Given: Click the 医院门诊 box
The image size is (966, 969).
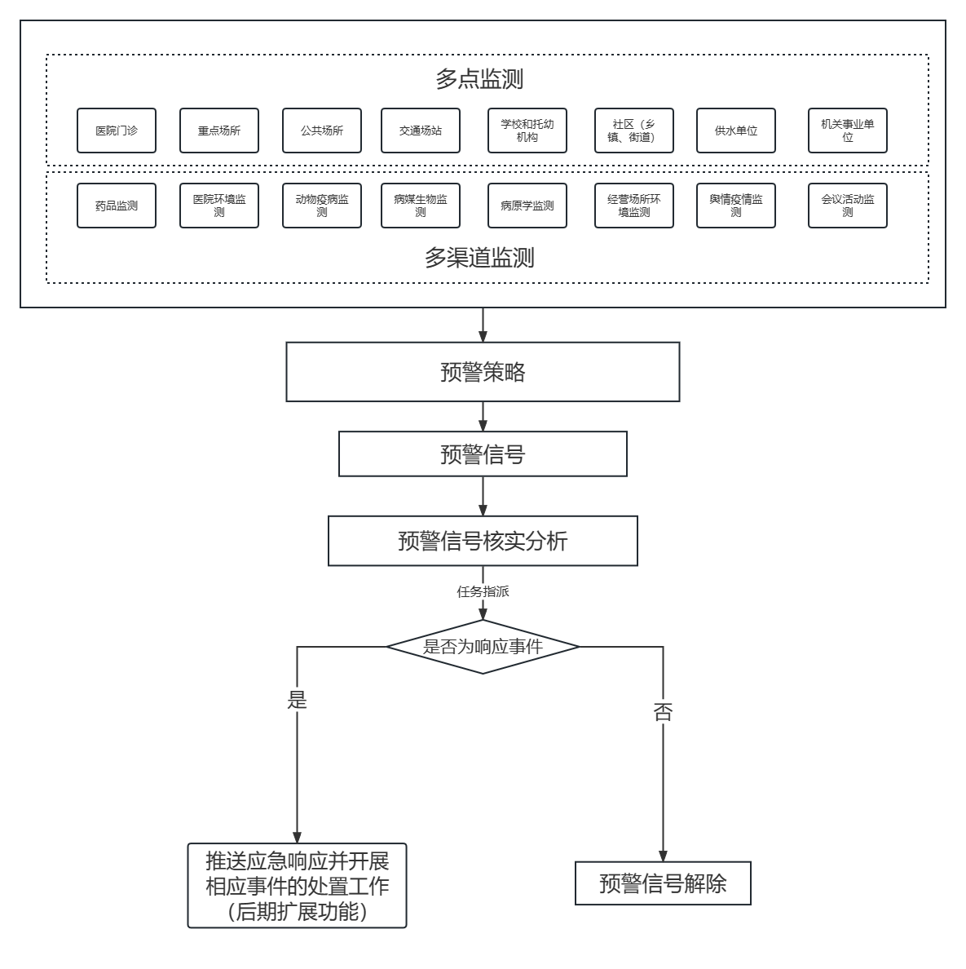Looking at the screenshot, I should click(x=117, y=131).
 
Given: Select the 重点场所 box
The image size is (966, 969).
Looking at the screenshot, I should click(x=219, y=131).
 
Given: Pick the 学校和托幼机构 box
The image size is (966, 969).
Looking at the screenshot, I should click(x=527, y=131).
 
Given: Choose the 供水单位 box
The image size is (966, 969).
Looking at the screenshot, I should click(x=736, y=131).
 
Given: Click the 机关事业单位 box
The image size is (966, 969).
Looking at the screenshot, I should click(x=848, y=131).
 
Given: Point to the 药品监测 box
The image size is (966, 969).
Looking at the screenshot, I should click(x=117, y=206).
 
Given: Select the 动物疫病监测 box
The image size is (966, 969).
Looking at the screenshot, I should click(x=322, y=206).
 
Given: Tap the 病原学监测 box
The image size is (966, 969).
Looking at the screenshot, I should click(x=527, y=206).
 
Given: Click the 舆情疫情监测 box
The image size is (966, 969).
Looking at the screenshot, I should click(x=736, y=206).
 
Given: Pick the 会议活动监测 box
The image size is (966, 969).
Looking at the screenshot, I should click(x=848, y=206).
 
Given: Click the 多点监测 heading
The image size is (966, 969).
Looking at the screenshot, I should click(x=479, y=79).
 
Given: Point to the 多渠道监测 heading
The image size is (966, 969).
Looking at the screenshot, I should click(x=479, y=258).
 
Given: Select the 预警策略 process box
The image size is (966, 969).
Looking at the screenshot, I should click(x=483, y=372).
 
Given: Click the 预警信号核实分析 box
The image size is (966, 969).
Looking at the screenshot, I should click(x=483, y=541).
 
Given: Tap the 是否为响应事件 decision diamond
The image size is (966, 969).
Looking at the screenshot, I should click(x=483, y=647).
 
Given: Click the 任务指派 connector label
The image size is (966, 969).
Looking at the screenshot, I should click(x=483, y=592).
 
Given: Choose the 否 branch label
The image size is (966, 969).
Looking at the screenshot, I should click(x=663, y=712).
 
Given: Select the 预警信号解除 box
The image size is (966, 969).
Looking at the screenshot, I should click(x=663, y=883).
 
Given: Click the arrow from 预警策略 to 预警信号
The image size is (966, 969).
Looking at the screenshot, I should click(x=483, y=417).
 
